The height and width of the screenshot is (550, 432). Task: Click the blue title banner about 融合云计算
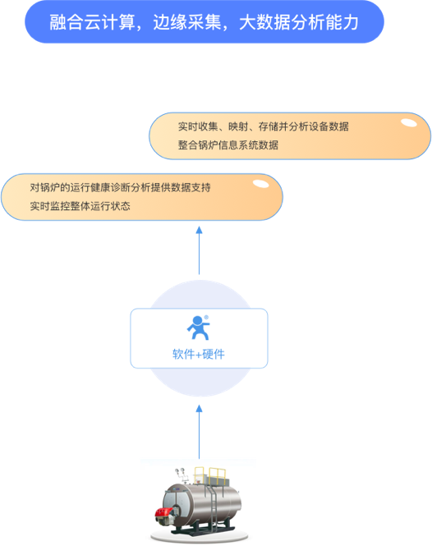pyautogui.click(x=205, y=21)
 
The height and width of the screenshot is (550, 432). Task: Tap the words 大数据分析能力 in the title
pyautogui.click(x=299, y=22)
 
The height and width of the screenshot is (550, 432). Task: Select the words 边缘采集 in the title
pyautogui.click(x=187, y=22)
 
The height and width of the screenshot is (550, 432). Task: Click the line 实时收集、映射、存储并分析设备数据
pyautogui.click(x=263, y=126)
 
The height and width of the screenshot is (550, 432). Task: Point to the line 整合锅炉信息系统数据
pyautogui.click(x=228, y=144)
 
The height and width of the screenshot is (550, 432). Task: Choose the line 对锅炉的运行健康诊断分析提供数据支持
pyautogui.click(x=120, y=187)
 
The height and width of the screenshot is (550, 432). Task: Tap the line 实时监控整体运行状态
pyautogui.click(x=80, y=206)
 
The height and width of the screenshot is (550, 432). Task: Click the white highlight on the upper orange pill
pyautogui.click(x=409, y=123)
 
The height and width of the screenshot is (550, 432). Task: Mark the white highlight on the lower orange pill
pyautogui.click(x=260, y=184)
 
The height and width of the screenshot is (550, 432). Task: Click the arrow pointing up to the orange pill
pyautogui.click(x=199, y=250)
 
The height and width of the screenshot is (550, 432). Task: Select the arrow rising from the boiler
pyautogui.click(x=199, y=432)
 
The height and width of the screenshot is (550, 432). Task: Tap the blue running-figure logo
pyautogui.click(x=198, y=328)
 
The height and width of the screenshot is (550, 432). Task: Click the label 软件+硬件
pyautogui.click(x=198, y=355)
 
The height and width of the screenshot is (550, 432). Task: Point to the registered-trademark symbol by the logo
pyautogui.click(x=206, y=318)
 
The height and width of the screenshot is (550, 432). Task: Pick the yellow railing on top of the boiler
pyautogui.click(x=210, y=475)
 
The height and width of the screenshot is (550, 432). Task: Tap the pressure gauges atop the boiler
pyautogui.click(x=181, y=473)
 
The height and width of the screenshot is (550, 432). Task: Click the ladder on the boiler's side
pyautogui.click(x=212, y=506)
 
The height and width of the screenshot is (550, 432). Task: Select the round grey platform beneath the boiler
pyautogui.click(x=200, y=536)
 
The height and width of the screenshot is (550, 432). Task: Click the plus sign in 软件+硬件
pyautogui.click(x=198, y=355)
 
